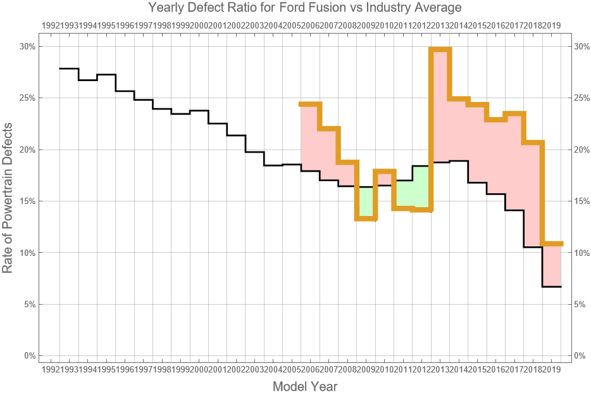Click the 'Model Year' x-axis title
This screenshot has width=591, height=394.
point(304,386)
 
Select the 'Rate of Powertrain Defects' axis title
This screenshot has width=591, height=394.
point(8,200)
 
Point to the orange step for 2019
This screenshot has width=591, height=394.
point(552,244)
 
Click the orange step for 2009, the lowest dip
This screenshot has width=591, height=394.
point(366,218)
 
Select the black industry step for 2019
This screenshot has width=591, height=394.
point(552,287)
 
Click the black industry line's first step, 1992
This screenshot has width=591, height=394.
point(69,68)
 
